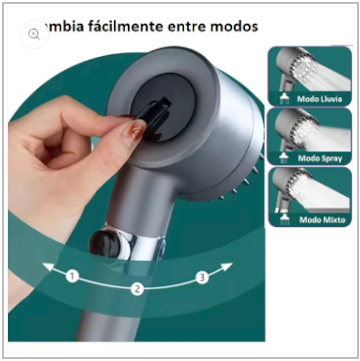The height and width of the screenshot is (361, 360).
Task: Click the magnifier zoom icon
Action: pos(34,33)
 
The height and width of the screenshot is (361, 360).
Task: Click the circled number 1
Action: pos(72,276)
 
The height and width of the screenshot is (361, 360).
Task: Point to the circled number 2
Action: pos(138,288)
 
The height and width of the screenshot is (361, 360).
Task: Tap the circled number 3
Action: pos(202,277)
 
